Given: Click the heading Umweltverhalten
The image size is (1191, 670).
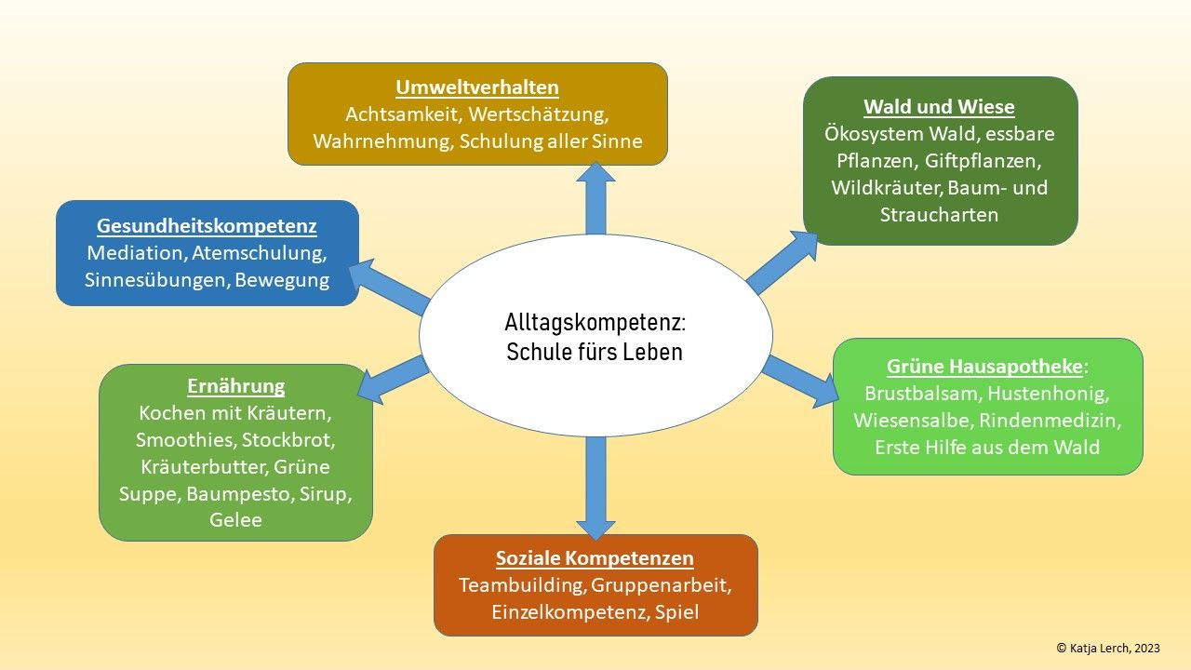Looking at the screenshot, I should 477,87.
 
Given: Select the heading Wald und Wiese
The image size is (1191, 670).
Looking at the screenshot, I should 939,106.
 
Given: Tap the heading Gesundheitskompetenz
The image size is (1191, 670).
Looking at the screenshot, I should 207,226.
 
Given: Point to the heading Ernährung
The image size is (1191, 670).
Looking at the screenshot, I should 235,386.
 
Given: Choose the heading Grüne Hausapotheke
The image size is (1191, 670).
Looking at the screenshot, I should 985,366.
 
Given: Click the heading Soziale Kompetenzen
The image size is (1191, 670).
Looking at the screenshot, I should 595,558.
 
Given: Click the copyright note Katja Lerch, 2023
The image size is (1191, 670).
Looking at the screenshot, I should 1108,649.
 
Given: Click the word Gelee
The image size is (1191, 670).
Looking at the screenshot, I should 235,520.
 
